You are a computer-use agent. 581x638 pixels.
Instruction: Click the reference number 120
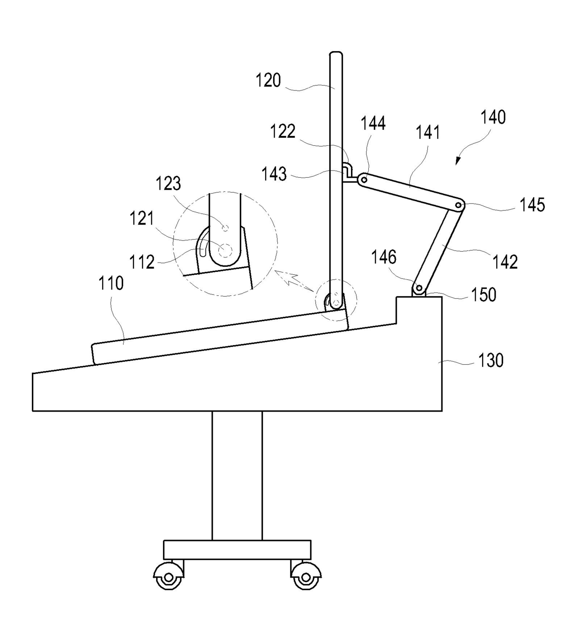click(x=268, y=81)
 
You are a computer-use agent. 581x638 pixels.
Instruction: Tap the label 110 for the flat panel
click(x=111, y=283)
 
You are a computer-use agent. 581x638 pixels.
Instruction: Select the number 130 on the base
click(x=491, y=360)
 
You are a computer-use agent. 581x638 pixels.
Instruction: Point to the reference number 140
click(x=492, y=117)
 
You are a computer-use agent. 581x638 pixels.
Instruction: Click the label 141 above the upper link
click(x=428, y=133)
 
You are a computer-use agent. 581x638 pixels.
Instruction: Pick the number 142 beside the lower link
click(x=505, y=262)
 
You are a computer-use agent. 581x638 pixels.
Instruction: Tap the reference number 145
click(x=532, y=205)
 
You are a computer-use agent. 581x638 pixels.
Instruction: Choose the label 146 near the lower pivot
click(x=384, y=257)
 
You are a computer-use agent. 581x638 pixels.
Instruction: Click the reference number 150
click(x=484, y=294)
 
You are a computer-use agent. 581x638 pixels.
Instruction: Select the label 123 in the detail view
click(x=168, y=183)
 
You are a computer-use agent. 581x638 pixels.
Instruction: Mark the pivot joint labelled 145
click(x=459, y=205)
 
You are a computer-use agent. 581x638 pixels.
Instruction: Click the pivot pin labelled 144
click(x=364, y=180)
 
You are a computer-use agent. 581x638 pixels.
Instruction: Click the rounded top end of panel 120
click(x=335, y=56)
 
